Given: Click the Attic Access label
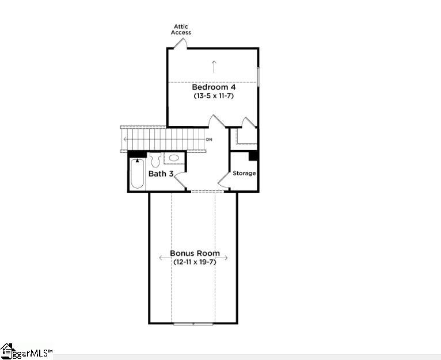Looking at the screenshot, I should (181, 29).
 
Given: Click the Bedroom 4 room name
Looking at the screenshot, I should (214, 87).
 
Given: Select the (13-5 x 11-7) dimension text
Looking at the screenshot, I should (214, 96).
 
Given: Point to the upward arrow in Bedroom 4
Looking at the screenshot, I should (214, 66).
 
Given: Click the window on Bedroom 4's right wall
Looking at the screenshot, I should (258, 77).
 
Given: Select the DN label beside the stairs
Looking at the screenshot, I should (209, 140).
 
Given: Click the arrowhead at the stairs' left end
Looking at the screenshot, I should (124, 140).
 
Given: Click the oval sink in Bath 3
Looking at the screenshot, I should (173, 158).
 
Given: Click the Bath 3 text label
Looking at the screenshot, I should (161, 174).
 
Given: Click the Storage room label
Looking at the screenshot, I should (244, 173).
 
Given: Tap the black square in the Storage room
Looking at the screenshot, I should (253, 156).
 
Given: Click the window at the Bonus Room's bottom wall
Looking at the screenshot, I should (193, 323).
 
